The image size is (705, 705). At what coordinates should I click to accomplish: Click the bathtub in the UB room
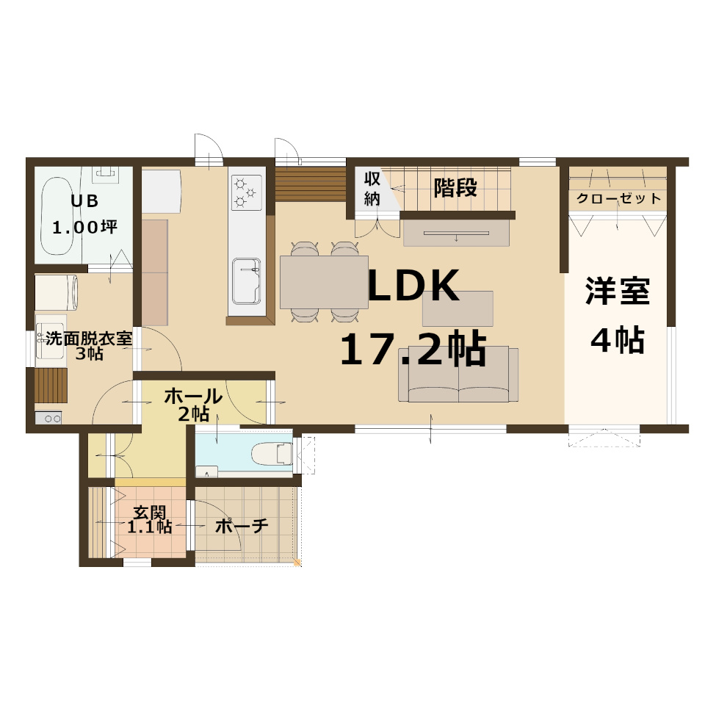tap(57, 216)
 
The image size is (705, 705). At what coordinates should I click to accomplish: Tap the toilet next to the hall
tap(272, 454)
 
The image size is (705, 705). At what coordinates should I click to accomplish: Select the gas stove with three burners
tap(247, 192)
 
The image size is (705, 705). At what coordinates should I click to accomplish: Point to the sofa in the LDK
tap(458, 374)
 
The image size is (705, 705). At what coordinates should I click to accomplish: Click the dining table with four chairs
tap(324, 282)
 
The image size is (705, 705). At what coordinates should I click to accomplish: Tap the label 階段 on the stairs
tap(455, 187)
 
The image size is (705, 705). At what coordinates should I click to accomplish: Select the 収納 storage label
tap(372, 189)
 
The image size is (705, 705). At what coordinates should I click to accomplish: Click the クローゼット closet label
tap(618, 198)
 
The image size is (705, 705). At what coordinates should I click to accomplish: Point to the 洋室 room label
tap(618, 292)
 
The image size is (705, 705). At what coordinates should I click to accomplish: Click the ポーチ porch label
tap(242, 526)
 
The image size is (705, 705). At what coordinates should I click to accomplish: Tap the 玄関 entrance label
tap(150, 512)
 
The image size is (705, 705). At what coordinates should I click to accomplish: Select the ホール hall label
tap(193, 397)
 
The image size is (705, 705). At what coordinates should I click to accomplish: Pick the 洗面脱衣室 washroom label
tap(89, 339)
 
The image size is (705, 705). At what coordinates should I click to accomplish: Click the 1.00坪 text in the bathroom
tap(85, 227)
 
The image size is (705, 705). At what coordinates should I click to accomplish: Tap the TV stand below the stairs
tap(456, 233)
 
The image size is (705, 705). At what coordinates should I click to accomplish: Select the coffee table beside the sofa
tap(458, 308)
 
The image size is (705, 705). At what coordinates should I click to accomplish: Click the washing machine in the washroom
tap(57, 292)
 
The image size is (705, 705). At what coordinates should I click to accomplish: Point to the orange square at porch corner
tap(297, 562)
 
